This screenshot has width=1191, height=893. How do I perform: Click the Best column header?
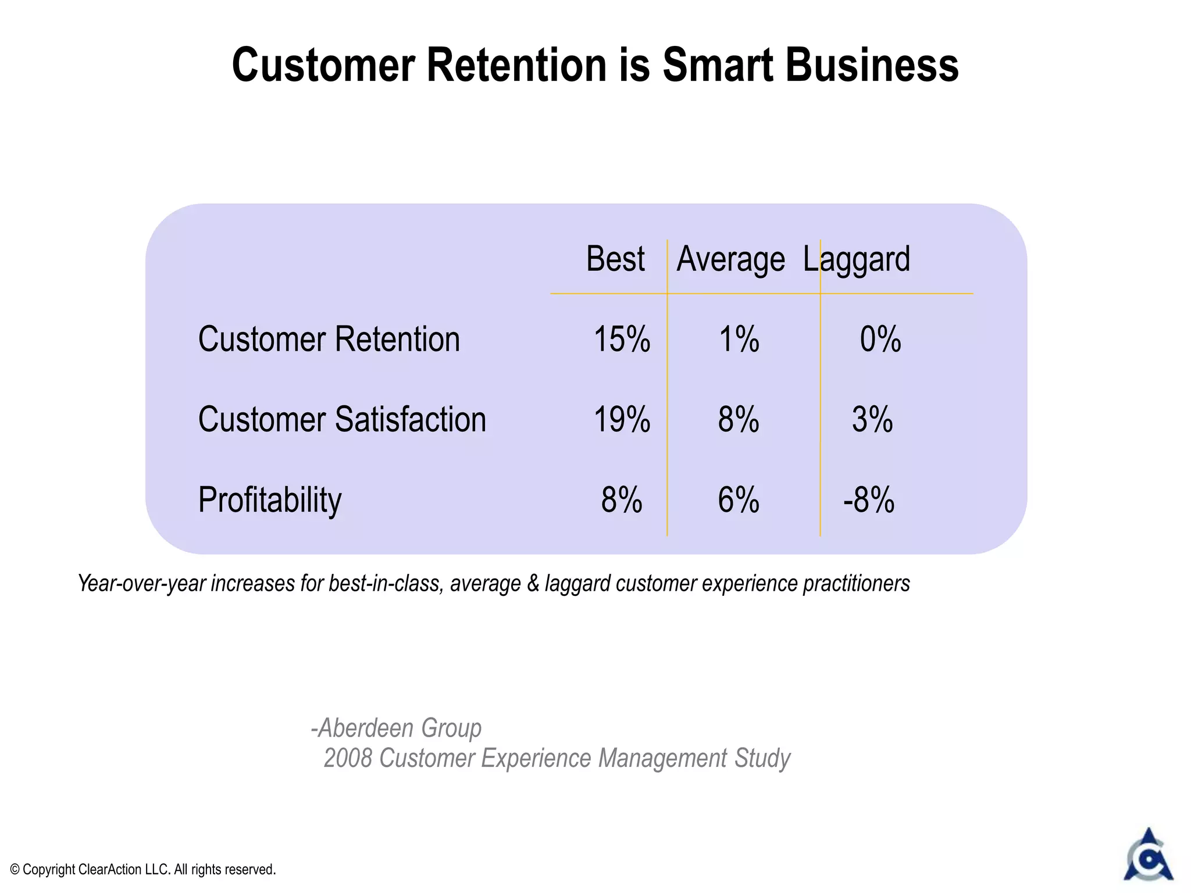[x=615, y=259]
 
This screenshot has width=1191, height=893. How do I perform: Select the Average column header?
[x=730, y=260]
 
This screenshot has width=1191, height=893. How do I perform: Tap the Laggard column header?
[x=856, y=260]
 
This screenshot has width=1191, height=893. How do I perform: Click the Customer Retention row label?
[x=329, y=340]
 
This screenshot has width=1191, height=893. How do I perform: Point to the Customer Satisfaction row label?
[x=342, y=420]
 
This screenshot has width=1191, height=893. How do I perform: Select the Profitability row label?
[x=270, y=500]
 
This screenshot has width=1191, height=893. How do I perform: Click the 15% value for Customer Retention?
[x=622, y=340]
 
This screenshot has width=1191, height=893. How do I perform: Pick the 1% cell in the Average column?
[x=739, y=340]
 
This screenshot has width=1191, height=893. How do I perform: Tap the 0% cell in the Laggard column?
[x=880, y=340]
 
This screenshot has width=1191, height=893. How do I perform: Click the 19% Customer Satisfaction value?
[x=622, y=420]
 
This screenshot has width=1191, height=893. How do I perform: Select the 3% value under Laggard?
[x=872, y=420]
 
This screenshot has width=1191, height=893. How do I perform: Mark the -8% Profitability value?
[x=869, y=500]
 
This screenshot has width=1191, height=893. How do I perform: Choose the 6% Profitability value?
[x=738, y=500]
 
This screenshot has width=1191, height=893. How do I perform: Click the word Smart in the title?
[x=719, y=65]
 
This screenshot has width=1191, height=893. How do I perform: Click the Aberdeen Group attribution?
[x=397, y=728]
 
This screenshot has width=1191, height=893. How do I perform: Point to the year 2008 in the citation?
[x=347, y=758]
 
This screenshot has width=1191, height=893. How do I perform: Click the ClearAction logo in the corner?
[x=1148, y=856]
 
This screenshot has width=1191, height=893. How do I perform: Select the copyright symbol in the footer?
[x=15, y=870]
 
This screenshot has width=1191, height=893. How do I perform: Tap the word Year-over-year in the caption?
[x=141, y=584]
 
